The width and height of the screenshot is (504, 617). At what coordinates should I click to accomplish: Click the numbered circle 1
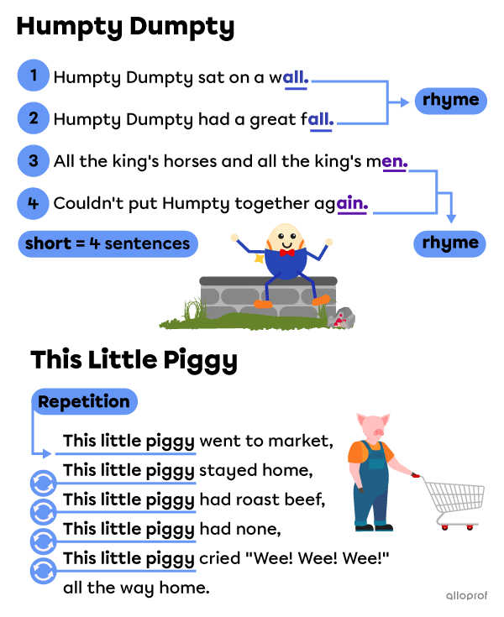click(x=34, y=76)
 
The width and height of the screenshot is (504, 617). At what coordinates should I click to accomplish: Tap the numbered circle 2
click(x=34, y=118)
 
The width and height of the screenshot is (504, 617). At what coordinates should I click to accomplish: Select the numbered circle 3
click(x=34, y=160)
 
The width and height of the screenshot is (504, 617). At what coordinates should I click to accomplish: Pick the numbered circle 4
click(x=34, y=203)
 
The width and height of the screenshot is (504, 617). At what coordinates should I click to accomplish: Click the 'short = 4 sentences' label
click(x=108, y=244)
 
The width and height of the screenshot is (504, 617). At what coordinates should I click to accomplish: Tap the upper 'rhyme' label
click(x=450, y=101)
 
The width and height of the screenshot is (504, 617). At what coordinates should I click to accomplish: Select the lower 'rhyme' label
click(x=449, y=243)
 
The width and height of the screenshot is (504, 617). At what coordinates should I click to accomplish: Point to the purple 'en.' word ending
click(x=394, y=162)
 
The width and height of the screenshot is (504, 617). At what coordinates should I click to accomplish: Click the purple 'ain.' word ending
click(x=352, y=203)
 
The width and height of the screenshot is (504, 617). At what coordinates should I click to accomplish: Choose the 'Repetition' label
click(x=84, y=401)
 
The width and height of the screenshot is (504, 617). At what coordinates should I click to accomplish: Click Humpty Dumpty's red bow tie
click(x=287, y=252)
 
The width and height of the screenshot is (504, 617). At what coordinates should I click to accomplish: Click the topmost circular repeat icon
click(x=43, y=484)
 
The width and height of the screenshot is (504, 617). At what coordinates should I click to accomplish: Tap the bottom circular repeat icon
click(x=43, y=571)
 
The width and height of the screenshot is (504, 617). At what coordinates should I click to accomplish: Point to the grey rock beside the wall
click(x=342, y=318)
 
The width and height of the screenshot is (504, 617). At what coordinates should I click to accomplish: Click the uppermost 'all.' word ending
click(x=296, y=79)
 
